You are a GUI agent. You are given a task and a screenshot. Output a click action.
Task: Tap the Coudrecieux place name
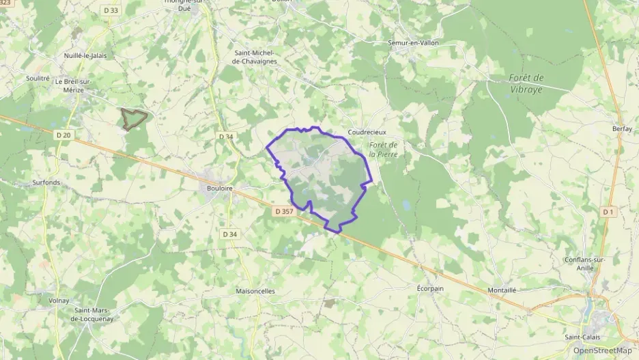367,132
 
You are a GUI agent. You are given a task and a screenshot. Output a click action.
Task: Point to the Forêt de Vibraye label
526,83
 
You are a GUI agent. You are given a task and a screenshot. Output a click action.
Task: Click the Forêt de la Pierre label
383,150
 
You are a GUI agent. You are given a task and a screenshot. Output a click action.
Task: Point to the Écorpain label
431,288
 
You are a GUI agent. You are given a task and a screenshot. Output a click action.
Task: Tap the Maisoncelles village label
255,290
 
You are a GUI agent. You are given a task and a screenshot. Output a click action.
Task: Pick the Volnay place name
60,300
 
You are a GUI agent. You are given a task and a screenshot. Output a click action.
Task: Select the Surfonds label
46,182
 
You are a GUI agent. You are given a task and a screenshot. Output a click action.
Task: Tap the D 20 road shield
63,135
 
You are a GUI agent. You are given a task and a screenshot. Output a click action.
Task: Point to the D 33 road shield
110,10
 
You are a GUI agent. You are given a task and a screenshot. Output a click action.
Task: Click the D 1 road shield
608,212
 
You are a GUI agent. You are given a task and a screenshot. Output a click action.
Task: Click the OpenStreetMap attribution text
601,350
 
